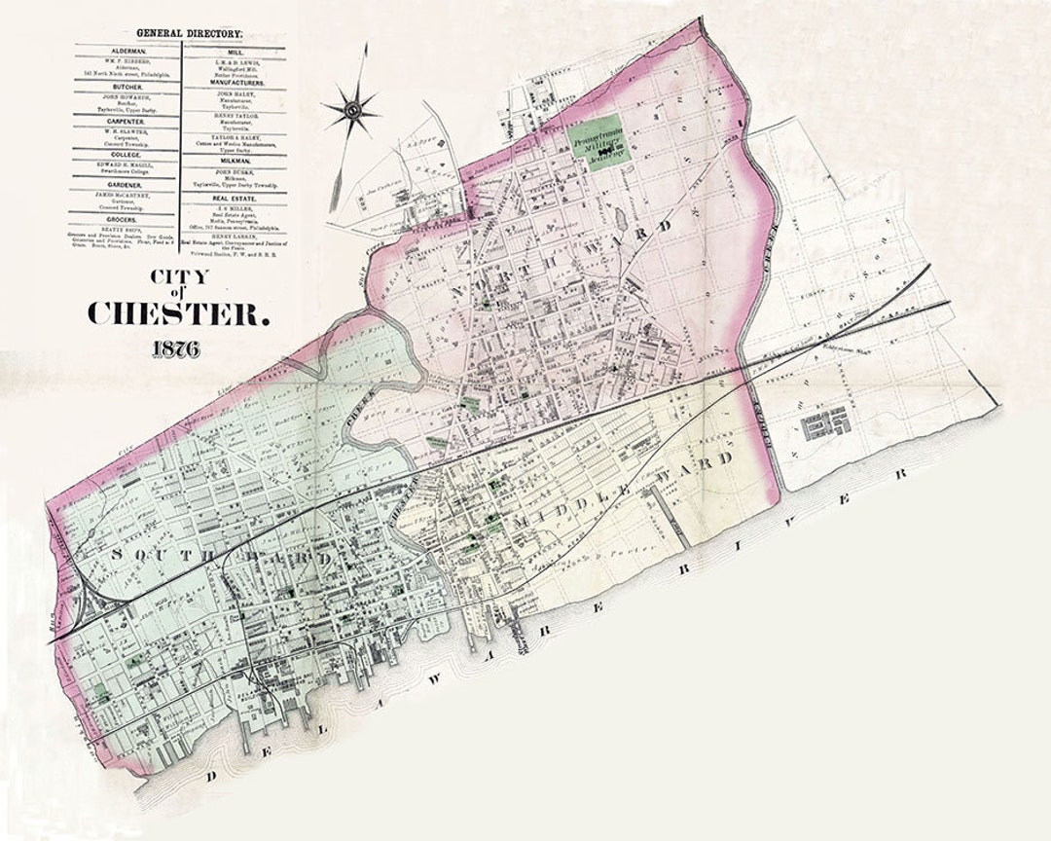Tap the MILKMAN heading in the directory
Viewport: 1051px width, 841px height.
pyautogui.click(x=235, y=160)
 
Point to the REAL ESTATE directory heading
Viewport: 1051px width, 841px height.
pyautogui.click(x=235, y=195)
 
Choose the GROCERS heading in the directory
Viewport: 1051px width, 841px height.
pyautogui.click(x=128, y=220)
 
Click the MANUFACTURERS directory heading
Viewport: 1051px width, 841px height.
pyautogui.click(x=235, y=83)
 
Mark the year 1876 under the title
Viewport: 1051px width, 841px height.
pyautogui.click(x=176, y=349)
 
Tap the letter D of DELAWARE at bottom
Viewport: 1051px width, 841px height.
pyautogui.click(x=209, y=776)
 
